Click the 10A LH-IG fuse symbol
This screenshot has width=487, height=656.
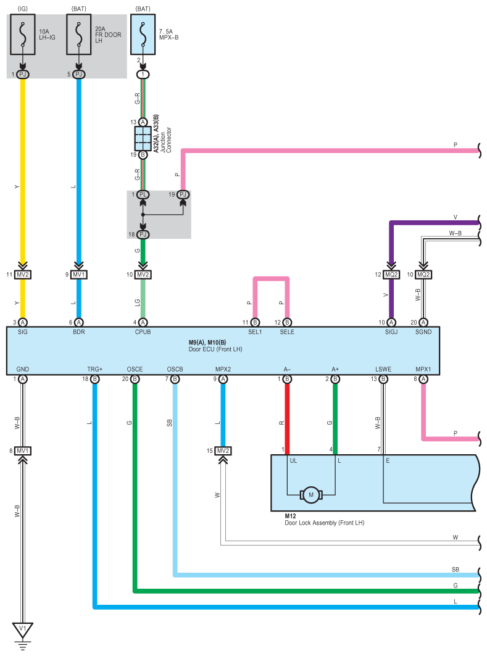pyautogui.click(x=23, y=35)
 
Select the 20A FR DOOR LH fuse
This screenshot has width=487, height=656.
pyautogui.click(x=78, y=35)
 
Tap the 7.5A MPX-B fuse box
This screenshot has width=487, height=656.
pyautogui.click(x=143, y=35)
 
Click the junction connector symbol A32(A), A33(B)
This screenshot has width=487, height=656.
pyautogui.click(x=143, y=138)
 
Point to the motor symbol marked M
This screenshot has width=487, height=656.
pyautogui.click(x=311, y=495)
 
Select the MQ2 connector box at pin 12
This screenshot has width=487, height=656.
pyautogui.click(x=391, y=275)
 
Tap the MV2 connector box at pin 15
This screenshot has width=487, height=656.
pyautogui.click(x=223, y=450)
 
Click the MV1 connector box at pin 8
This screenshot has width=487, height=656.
pyautogui.click(x=23, y=450)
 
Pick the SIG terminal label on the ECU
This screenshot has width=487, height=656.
pyautogui.click(x=23, y=332)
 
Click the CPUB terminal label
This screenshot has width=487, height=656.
pyautogui.click(x=143, y=332)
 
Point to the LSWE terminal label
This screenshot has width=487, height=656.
pyautogui.click(x=383, y=369)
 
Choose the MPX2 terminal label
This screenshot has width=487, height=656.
pyautogui.click(x=223, y=369)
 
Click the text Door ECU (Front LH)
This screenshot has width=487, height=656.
pyautogui.click(x=215, y=349)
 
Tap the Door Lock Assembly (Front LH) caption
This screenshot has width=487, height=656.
pyautogui.click(x=325, y=523)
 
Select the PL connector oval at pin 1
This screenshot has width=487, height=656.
pyautogui.click(x=143, y=194)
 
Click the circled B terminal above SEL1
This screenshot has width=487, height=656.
pyautogui.click(x=255, y=322)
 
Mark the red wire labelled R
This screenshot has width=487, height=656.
pyautogui.click(x=287, y=419)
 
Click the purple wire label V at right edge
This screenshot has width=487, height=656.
pyautogui.click(x=456, y=217)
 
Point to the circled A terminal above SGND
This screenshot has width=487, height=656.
pyautogui.click(x=423, y=322)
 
